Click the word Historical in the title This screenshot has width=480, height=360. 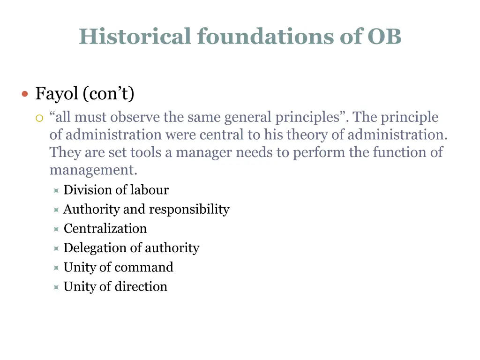click(x=135, y=37)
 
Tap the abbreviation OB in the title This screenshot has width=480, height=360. click(x=384, y=37)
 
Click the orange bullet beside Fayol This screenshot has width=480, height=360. click(x=25, y=94)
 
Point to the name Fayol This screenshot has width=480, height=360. click(x=57, y=94)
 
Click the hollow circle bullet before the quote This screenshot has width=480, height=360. click(x=39, y=118)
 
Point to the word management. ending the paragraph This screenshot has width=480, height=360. click(x=93, y=170)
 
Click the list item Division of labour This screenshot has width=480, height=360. click(x=116, y=190)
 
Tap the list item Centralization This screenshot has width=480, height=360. click(x=105, y=228)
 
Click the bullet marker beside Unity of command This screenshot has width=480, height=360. click(x=56, y=268)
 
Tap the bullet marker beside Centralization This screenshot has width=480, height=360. click(x=56, y=229)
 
